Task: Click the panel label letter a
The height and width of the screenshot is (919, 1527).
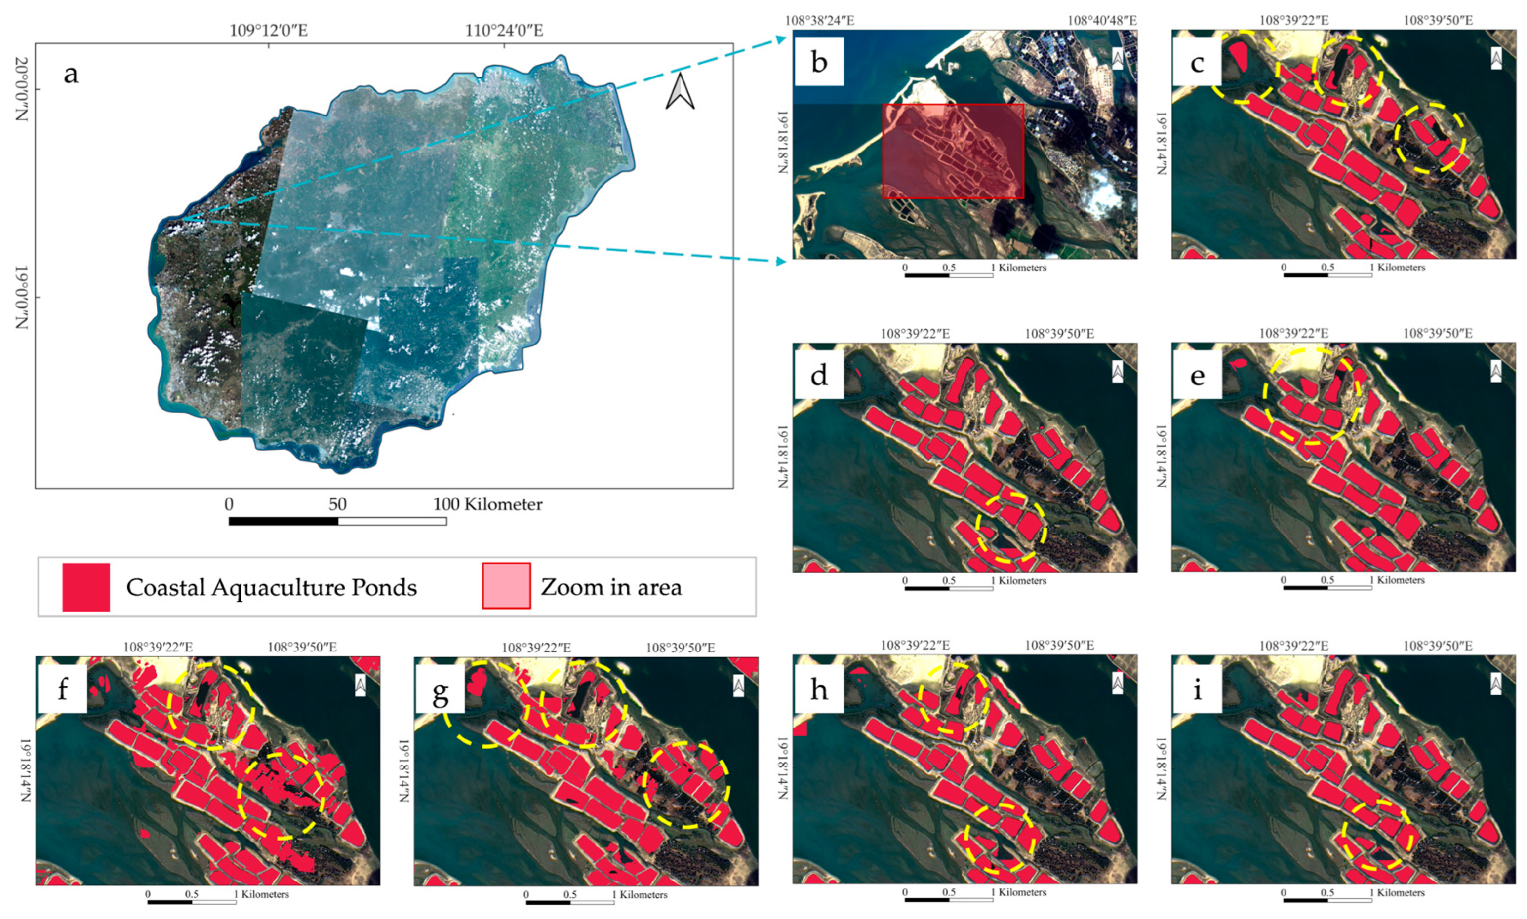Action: click(x=71, y=75)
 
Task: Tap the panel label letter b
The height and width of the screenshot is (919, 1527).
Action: click(x=818, y=62)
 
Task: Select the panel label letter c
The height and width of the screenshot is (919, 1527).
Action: click(x=1197, y=63)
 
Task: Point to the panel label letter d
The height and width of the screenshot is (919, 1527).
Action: click(x=818, y=375)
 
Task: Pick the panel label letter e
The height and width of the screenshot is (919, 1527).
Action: click(x=1197, y=375)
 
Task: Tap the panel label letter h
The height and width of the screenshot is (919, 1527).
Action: click(x=818, y=689)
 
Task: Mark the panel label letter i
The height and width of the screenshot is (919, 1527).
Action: click(x=1197, y=689)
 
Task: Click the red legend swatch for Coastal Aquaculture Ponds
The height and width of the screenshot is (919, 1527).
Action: click(x=86, y=587)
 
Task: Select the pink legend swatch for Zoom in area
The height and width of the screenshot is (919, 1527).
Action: click(x=506, y=586)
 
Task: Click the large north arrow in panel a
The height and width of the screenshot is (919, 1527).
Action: click(x=680, y=92)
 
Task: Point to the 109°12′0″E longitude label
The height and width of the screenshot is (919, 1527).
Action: click(x=268, y=30)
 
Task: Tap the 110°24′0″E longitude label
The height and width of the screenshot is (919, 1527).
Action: click(x=504, y=30)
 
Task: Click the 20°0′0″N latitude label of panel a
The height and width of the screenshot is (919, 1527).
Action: click(x=22, y=89)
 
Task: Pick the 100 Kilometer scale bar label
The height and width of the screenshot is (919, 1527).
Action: click(x=487, y=504)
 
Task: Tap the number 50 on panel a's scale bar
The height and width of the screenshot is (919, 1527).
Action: click(x=338, y=504)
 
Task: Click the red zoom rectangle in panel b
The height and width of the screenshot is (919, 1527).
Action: click(x=953, y=151)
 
